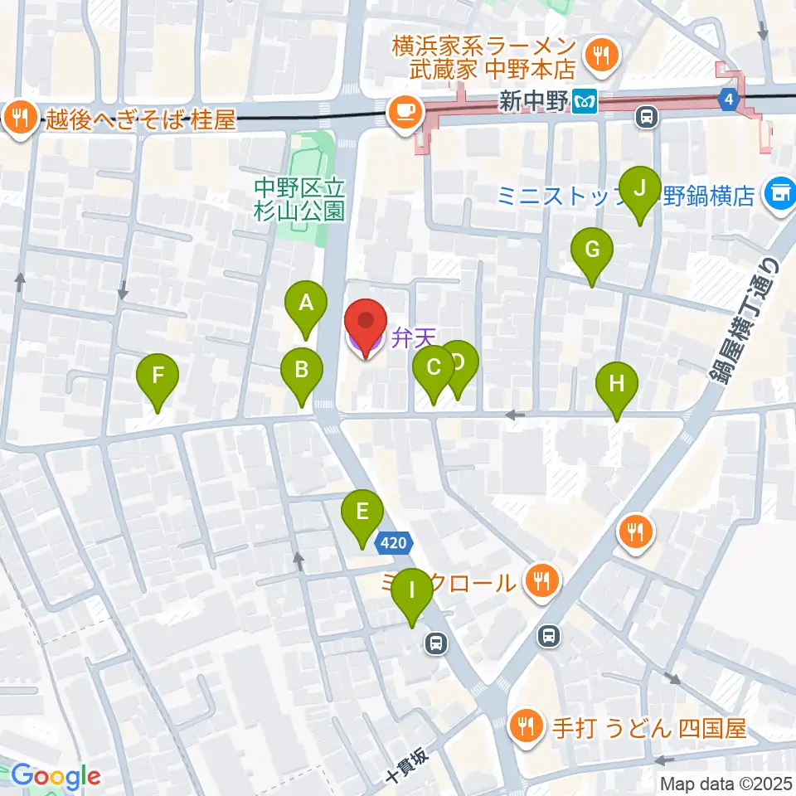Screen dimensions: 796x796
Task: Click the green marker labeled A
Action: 306,304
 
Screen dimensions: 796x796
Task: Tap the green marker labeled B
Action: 301,371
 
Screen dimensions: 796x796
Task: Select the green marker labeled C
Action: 433,369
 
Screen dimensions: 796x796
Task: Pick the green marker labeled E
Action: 362,513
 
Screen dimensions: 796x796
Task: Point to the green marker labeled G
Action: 592,250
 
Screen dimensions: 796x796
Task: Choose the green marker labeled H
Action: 616,386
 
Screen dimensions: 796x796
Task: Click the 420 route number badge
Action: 395,544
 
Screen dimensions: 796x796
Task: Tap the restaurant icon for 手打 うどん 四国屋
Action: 525,728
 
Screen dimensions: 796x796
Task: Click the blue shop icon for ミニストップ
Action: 779,195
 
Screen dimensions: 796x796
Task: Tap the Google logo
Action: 55,776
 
